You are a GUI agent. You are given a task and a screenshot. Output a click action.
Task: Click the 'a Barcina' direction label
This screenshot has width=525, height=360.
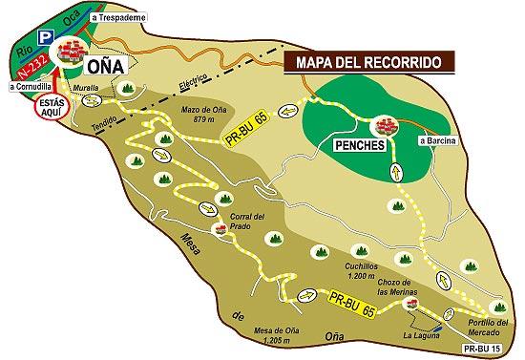[438, 142]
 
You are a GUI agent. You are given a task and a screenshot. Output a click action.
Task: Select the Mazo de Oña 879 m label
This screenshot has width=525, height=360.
[206, 115]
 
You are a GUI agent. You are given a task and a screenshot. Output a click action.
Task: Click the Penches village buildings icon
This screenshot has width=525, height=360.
[385, 126]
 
